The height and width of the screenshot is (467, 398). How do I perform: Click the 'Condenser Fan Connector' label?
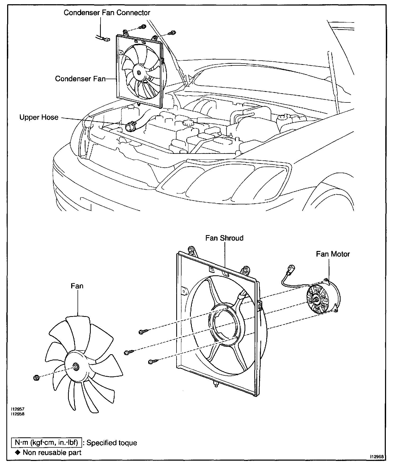tap(107, 13)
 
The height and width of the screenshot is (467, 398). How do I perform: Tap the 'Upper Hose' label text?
tap(39, 117)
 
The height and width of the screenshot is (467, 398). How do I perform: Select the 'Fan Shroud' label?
tap(224, 238)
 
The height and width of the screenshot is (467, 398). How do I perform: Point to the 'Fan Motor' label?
tap(333, 254)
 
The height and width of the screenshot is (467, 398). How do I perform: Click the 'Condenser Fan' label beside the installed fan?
tap(80, 79)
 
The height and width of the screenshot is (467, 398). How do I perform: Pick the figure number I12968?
tap(377, 457)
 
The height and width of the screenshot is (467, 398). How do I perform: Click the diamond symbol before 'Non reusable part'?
tap(18, 452)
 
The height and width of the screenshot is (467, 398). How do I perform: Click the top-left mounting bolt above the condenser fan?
tap(143, 26)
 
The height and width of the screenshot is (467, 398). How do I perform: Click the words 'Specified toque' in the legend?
tap(112, 443)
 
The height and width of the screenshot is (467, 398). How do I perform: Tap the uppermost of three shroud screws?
tap(142, 331)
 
